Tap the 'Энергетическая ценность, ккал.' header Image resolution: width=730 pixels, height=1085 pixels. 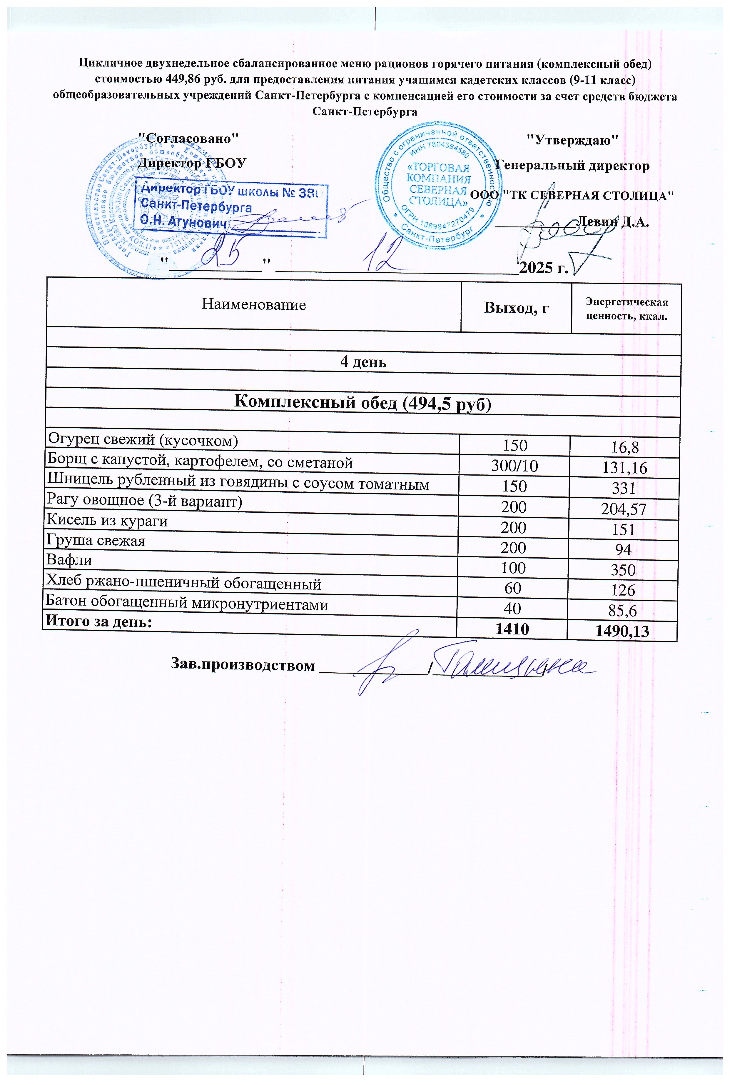[626, 309]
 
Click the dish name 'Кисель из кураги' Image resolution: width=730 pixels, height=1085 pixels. [108, 521]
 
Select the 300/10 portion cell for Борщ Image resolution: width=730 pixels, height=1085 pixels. [514, 466]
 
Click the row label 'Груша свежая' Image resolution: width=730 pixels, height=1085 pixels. [96, 541]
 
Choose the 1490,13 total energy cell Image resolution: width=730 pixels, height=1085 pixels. [622, 631]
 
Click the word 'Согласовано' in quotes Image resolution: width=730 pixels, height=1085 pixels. [190, 138]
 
